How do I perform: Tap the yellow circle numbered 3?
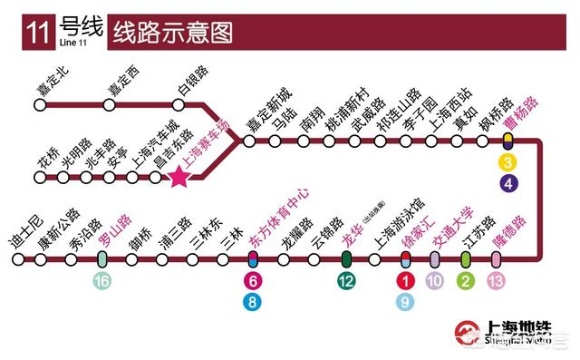click(509, 163)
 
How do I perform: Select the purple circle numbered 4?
click(509, 184)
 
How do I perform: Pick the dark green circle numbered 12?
click(346, 282)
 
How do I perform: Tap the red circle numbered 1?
click(407, 282)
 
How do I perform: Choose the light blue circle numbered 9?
click(407, 303)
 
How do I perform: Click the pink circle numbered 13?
click(496, 282)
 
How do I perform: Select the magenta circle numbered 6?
click(255, 282)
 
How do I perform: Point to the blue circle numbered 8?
click(255, 303)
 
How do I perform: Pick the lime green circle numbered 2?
click(466, 282)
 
